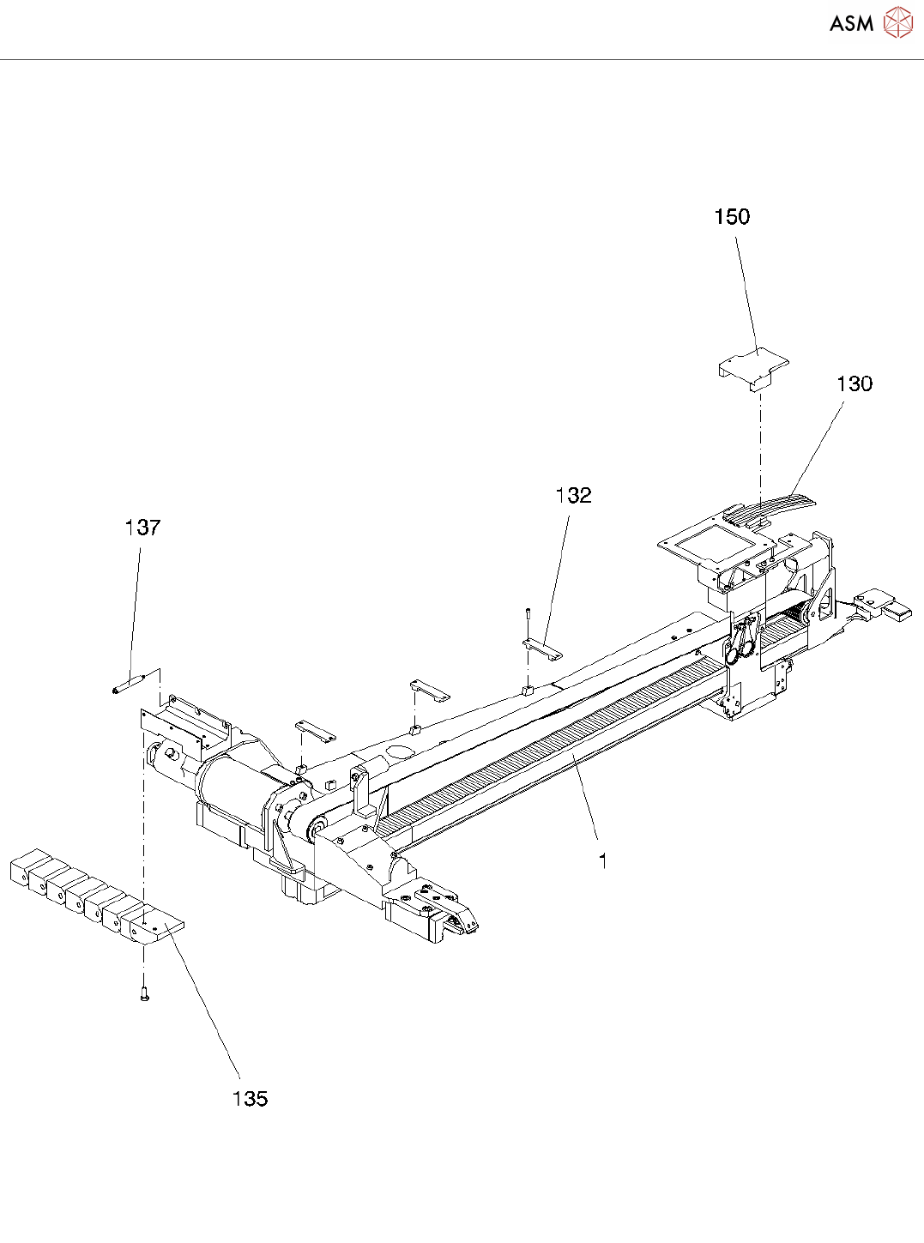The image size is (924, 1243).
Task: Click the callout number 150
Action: pos(732,217)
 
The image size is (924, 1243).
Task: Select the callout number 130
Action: pos(854,384)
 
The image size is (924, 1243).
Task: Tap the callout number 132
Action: pos(573,496)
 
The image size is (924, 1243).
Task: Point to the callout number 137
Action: pos(142,528)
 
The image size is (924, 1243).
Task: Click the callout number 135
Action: pos(250,1099)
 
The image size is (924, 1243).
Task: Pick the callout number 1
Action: pos(603,860)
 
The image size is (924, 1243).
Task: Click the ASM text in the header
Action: pos(851,24)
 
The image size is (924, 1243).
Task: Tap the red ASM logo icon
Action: pos(897,23)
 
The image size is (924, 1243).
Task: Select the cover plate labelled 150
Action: pos(753,367)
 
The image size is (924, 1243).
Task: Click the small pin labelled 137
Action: pos(129,684)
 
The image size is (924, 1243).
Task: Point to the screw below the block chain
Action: pos(144,994)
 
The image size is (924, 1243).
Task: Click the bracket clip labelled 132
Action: pos(542,648)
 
